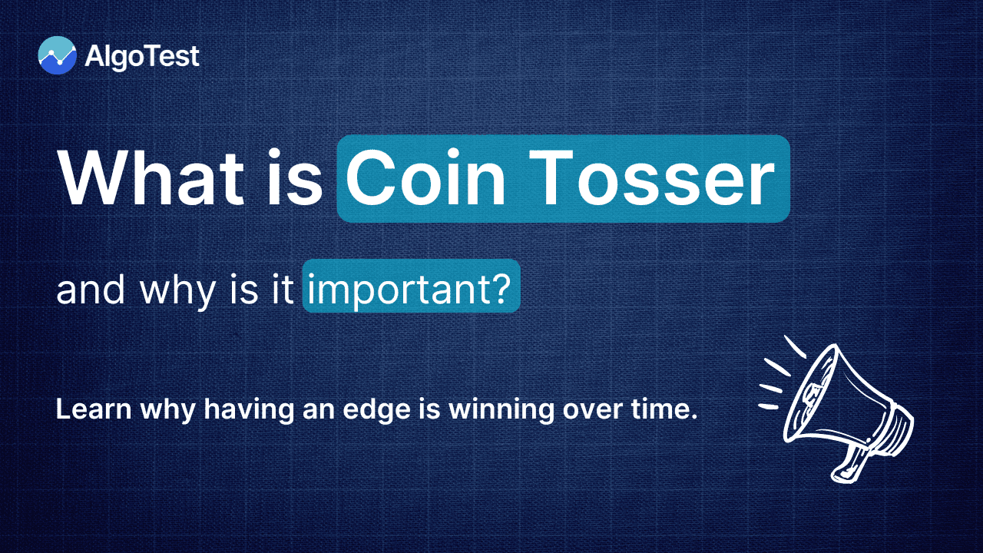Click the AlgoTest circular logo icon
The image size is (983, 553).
57,55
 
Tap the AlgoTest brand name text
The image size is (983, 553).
143,56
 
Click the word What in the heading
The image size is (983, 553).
143,178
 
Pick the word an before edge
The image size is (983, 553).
321,409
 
